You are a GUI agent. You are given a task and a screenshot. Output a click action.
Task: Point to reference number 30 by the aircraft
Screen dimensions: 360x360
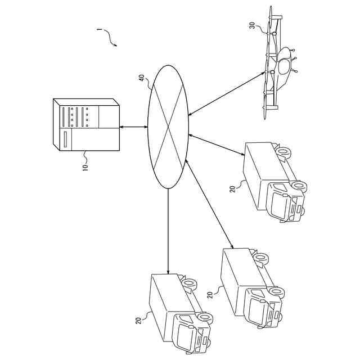(252, 25)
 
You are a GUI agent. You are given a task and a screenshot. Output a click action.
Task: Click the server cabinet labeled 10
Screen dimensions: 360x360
(87, 125)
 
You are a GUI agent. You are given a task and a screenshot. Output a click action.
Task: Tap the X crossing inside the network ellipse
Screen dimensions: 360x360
(168, 127)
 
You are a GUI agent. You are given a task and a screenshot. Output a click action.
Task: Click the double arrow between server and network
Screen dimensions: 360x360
(133, 127)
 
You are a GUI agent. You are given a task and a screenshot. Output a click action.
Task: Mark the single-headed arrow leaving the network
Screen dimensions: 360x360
(168, 231)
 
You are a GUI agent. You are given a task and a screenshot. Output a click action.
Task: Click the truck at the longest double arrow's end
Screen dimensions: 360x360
(250, 287)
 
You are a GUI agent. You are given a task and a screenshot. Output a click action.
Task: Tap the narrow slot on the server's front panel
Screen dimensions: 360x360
(65, 139)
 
